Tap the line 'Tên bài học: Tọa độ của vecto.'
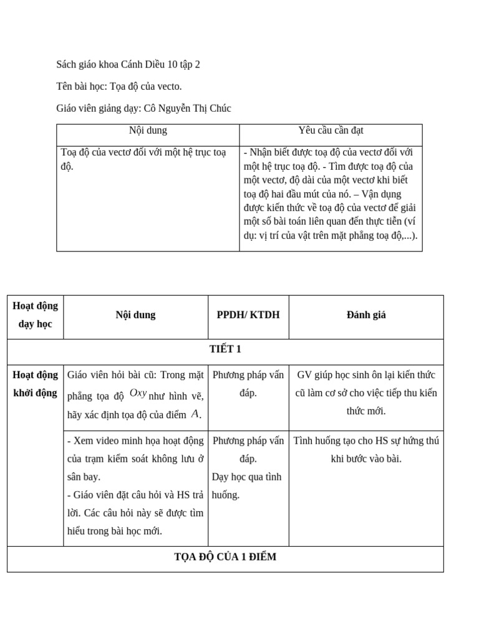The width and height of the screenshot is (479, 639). coord(119,86)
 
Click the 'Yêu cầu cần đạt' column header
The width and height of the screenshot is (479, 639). coord(331,130)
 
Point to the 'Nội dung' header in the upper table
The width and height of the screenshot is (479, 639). coord(148,130)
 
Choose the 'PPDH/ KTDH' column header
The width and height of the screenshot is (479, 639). coord(248,315)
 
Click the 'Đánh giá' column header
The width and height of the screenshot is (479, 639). coord(366,315)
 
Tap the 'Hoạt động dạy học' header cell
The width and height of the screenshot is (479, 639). coord(35,315)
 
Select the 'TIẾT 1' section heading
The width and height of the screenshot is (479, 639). coord(225,349)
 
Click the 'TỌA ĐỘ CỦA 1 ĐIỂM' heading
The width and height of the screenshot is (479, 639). coord(225,557)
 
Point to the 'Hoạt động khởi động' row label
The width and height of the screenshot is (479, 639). coord(35,384)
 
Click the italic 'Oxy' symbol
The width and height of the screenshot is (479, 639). coord(138,393)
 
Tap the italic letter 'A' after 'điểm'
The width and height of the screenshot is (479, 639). coord(195,414)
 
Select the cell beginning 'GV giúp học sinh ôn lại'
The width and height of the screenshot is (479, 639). coord(366,393)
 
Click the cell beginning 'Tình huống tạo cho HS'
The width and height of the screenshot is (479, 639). coord(366,450)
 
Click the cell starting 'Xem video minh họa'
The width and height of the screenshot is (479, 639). coord(135,486)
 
